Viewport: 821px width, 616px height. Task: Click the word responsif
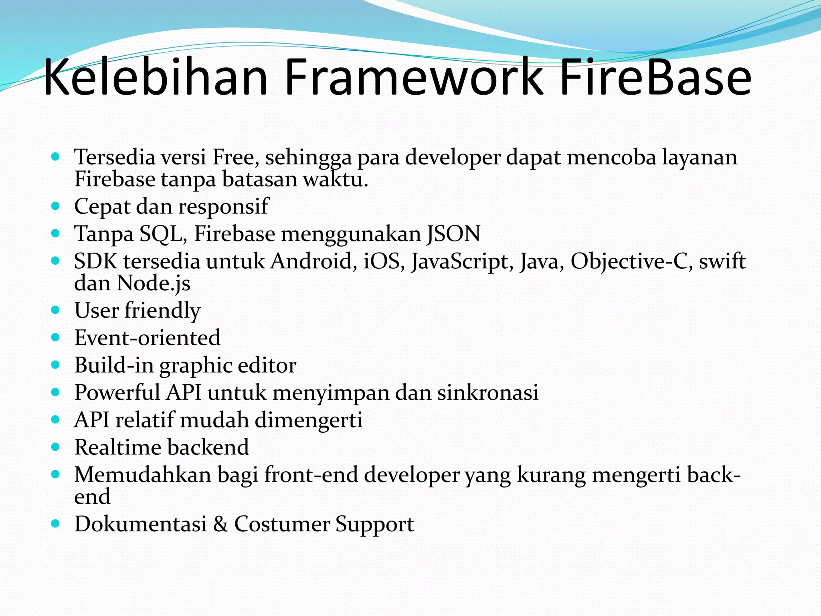[223, 207]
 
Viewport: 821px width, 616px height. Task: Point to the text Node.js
[153, 284]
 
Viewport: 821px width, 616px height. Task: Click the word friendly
[162, 311]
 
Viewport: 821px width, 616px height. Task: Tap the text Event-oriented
[147, 338]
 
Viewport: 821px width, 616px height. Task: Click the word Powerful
[117, 392]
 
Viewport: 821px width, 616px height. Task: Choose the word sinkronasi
[487, 392]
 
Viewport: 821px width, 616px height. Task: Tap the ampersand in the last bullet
[220, 524]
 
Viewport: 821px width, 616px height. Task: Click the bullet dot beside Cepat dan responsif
[56, 207]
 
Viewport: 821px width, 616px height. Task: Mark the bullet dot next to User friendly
[56, 310]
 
